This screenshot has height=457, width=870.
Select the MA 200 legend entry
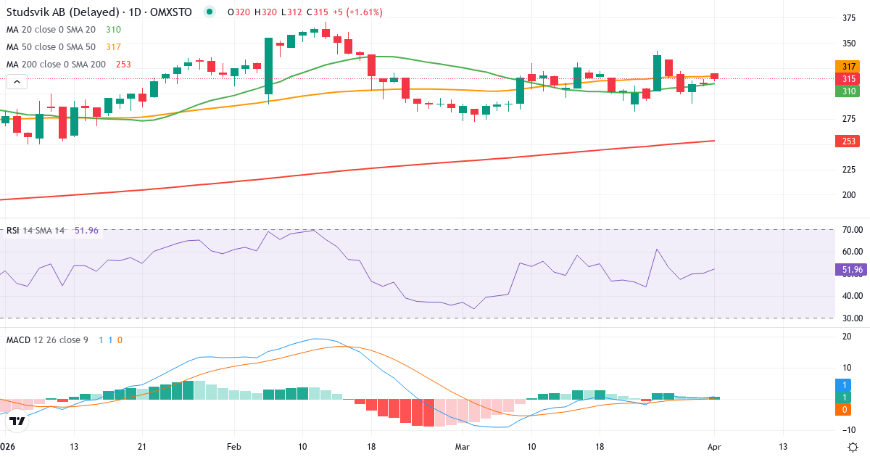tap(57, 65)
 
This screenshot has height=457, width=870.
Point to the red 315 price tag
tap(848, 78)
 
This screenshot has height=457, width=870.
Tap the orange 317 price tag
tap(848, 66)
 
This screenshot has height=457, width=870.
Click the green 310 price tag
tap(848, 91)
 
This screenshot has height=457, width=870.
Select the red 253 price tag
tap(848, 141)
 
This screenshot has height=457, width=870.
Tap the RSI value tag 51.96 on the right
tap(851, 270)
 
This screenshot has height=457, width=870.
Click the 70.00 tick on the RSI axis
tap(853, 230)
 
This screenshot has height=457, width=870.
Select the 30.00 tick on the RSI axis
tap(853, 318)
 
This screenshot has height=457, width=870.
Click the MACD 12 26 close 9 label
tap(47, 339)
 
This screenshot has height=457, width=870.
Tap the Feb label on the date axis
tap(233, 448)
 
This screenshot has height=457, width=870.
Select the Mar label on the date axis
tap(463, 448)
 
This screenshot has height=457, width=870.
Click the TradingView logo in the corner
tap(17, 421)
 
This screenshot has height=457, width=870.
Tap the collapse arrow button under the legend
tap(16, 82)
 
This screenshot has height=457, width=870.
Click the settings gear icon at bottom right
tap(853, 447)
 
